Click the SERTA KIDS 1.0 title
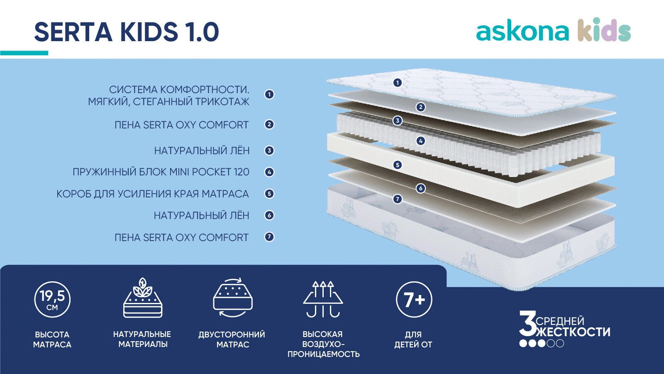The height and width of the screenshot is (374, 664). click(x=127, y=32)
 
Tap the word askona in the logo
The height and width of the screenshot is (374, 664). click(x=522, y=32)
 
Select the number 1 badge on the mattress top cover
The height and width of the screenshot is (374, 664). click(x=398, y=83)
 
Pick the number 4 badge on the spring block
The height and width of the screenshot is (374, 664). click(x=421, y=141)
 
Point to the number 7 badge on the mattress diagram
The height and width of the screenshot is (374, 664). click(x=398, y=199)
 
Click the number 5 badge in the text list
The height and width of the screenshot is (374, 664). click(x=269, y=194)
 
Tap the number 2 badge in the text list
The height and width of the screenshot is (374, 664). click(x=269, y=124)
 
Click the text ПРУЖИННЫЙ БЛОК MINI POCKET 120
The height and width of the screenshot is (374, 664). click(x=161, y=172)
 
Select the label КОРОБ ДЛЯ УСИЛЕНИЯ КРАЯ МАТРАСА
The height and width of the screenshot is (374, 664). click(x=153, y=194)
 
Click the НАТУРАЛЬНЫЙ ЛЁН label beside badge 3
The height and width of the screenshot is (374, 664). click(x=202, y=150)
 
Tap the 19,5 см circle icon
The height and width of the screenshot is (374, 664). click(x=52, y=300)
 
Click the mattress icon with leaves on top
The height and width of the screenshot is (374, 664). click(x=143, y=298)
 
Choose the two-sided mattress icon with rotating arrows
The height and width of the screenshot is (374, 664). click(x=233, y=298)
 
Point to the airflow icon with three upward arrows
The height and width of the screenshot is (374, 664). click(x=323, y=299)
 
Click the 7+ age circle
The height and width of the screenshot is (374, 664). click(x=414, y=300)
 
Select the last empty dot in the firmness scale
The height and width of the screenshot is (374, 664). click(x=560, y=343)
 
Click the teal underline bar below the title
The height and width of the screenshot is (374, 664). click(x=24, y=53)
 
